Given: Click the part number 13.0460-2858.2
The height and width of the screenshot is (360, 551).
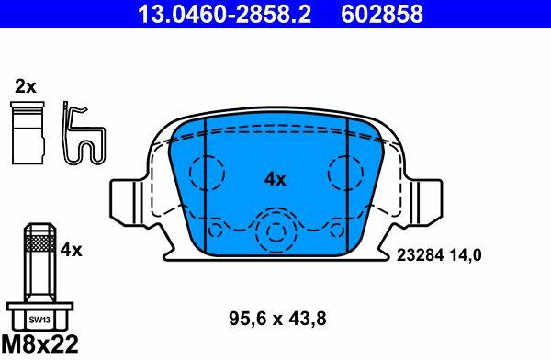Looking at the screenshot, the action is [224, 14].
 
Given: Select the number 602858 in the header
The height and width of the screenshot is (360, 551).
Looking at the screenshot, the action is [382, 14].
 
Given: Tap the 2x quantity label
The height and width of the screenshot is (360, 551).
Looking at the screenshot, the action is [26, 86].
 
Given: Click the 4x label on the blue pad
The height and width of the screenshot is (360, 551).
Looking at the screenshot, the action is [275, 180].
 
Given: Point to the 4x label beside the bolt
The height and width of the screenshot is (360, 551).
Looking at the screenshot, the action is [71, 251].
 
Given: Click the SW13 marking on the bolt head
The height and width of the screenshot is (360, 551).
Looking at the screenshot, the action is [39, 320].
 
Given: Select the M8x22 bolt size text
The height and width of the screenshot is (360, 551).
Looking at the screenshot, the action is [39, 343].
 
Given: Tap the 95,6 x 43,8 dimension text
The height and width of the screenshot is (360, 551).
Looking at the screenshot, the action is [277, 319].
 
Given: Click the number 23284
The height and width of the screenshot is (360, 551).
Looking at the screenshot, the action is [420, 255].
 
